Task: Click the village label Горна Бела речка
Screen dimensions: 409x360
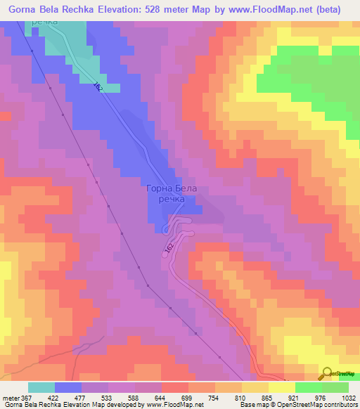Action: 167,193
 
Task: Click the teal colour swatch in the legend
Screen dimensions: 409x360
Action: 41,387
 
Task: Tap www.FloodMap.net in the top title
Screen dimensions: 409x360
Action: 269,10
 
